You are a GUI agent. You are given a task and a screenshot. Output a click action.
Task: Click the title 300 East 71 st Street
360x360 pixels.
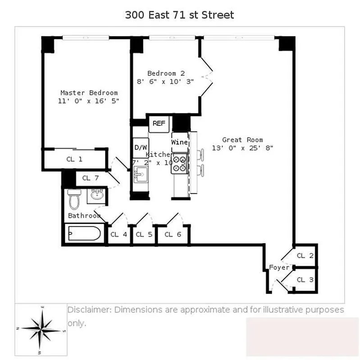[179, 15]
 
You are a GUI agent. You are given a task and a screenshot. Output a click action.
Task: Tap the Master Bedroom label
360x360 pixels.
[89, 93]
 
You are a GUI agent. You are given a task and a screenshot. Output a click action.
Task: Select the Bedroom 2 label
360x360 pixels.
[166, 73]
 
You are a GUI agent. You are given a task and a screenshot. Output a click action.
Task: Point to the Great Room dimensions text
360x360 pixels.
[242, 148]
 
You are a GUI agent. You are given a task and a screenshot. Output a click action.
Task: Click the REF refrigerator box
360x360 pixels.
[158, 123]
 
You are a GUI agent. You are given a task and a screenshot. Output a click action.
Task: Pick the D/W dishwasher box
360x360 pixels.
[141, 148]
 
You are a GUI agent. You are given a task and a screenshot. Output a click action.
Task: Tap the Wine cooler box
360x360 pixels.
[179, 142]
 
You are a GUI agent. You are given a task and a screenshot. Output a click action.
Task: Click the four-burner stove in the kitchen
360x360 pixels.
[180, 163]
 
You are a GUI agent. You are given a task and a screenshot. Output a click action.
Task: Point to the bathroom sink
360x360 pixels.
[96, 194]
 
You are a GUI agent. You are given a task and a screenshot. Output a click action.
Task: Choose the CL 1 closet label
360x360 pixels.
[74, 159]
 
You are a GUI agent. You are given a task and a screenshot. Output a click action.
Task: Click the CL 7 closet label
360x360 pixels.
[90, 178]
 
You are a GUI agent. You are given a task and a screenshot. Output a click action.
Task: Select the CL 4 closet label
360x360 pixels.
[119, 234]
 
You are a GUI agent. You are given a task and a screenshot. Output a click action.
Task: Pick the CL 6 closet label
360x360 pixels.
[173, 234]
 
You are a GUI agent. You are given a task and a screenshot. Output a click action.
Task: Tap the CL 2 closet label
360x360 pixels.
[305, 256]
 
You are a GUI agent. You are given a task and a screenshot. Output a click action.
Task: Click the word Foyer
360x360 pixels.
[279, 267]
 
